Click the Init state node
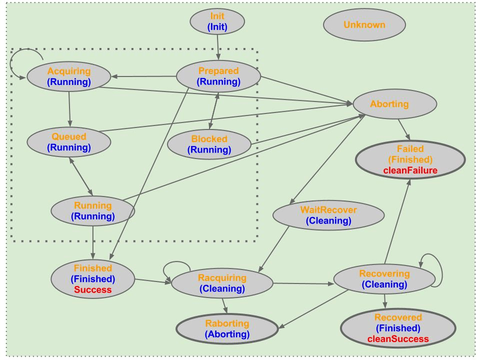[x=217, y=22]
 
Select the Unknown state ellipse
[x=364, y=24]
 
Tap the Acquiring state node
[x=69, y=76]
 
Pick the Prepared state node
[x=218, y=76]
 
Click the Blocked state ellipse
[x=209, y=144]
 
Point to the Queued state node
[x=69, y=141]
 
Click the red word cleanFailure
[x=410, y=170]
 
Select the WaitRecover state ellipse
[x=328, y=214]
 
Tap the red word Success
[x=93, y=289]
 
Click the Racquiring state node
[x=222, y=283]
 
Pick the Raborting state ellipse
[x=227, y=328]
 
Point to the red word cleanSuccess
[x=398, y=339]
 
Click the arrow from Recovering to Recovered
[x=384, y=300]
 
